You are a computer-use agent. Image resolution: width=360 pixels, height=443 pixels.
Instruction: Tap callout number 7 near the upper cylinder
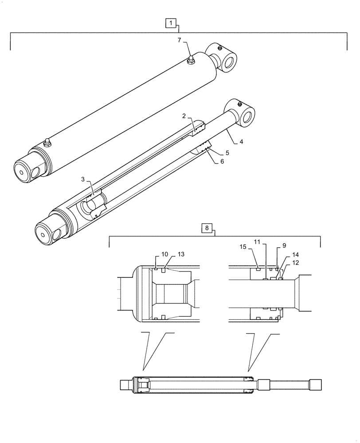tap(180, 40)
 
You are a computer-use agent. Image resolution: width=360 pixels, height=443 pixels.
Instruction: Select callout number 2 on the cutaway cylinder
tap(184, 116)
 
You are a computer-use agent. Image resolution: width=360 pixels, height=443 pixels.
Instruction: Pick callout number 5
tap(227, 152)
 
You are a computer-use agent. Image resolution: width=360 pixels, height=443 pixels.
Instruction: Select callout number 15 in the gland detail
tap(243, 246)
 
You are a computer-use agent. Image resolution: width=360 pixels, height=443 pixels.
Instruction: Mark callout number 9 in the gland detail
tap(284, 245)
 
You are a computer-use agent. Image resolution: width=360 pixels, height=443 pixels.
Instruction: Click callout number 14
tap(295, 255)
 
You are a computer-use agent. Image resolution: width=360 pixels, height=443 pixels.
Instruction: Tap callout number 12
tap(295, 263)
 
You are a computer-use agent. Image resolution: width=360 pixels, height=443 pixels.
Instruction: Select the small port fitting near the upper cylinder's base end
tap(47, 142)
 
